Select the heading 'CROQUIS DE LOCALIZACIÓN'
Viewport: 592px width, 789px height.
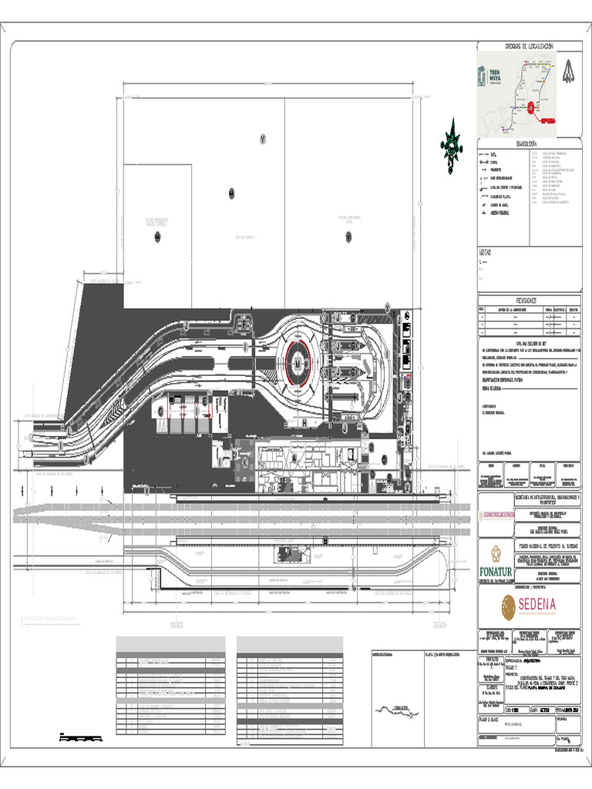coord(529,47)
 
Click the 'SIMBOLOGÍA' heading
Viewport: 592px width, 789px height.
coord(530,144)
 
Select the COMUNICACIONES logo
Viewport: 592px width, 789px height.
coord(509,512)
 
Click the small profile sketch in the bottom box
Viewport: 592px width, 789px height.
coord(396,708)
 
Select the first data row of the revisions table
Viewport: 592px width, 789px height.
coord(530,316)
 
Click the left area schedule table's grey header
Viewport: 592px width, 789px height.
coord(170,642)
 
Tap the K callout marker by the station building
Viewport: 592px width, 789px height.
coord(245,464)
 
